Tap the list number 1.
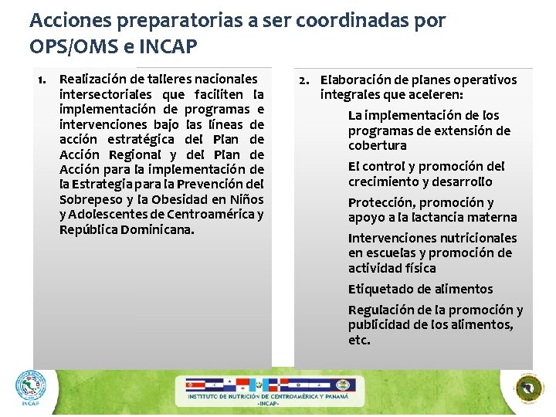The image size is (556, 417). pos(43,80)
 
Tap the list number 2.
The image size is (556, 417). pos(304,80)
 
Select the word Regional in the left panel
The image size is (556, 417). pos(133,154)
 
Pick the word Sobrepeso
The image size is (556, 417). pos(90,199)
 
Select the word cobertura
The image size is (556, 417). pos(377,146)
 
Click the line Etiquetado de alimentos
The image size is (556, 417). pos(420,290)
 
